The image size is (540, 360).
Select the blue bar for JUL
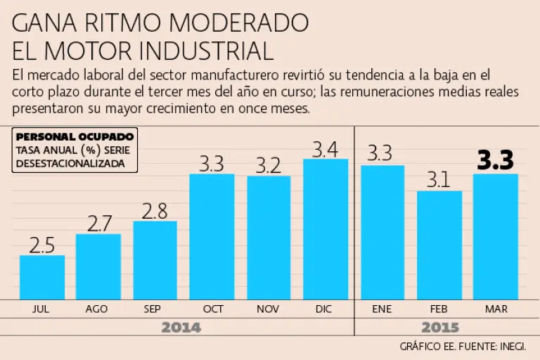coord(42,277)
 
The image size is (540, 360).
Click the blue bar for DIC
coord(326,229)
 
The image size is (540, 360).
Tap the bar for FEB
coord(439,245)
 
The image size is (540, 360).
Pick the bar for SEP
coord(155,260)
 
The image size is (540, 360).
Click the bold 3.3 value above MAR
coord(496,161)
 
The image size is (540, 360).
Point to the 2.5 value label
coord(42,245)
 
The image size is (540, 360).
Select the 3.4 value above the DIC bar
coord(326,149)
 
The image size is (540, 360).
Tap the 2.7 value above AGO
coord(98,224)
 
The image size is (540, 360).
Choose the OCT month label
coord(212,309)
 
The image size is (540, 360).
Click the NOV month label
coord(269,309)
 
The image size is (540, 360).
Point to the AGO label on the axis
coord(97,309)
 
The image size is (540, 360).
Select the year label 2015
coord(440,328)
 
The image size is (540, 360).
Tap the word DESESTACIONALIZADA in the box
coord(70,162)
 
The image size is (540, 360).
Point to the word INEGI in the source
coord(512,346)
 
